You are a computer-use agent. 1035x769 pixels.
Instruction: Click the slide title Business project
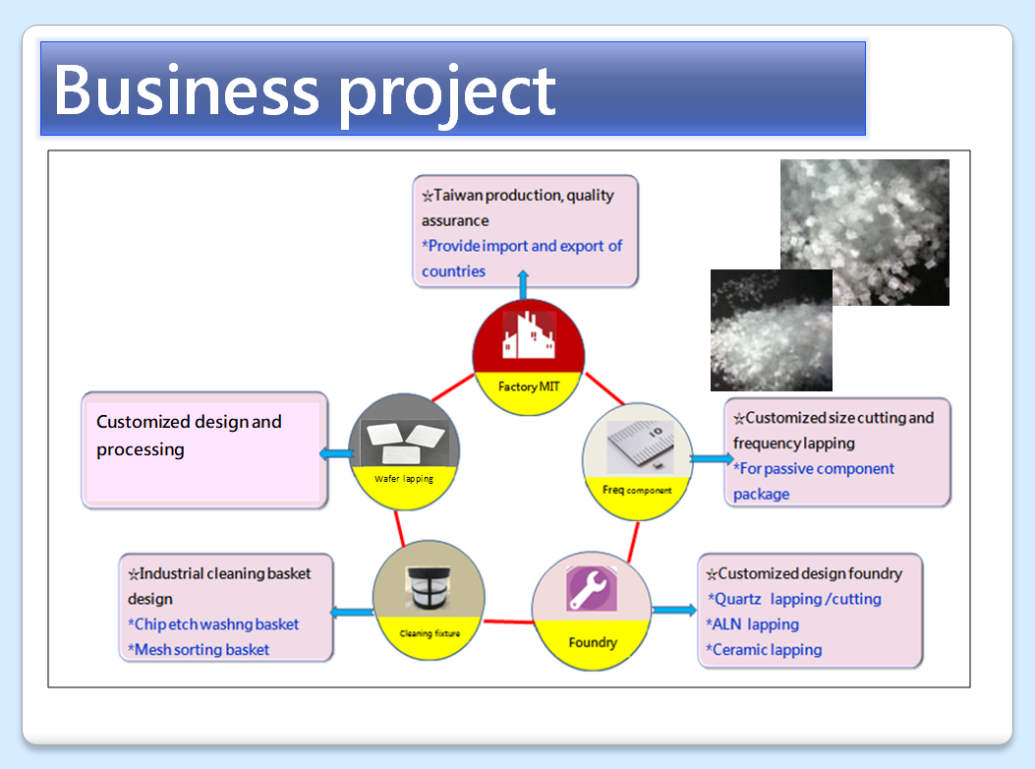(x=305, y=90)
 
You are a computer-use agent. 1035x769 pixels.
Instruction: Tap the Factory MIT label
(x=529, y=386)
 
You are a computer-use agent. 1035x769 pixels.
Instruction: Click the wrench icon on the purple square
(x=592, y=588)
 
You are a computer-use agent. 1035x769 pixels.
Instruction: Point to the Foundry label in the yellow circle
(x=593, y=643)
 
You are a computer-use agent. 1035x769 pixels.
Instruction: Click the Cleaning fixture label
(x=431, y=633)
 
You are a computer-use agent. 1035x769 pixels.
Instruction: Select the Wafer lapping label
(x=404, y=479)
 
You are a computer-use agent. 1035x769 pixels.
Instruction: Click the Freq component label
(x=637, y=489)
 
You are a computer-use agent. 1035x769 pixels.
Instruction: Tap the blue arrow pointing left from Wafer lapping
(x=335, y=452)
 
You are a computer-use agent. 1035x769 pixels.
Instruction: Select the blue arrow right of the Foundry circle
(x=674, y=610)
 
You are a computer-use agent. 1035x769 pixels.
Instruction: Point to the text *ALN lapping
(x=752, y=624)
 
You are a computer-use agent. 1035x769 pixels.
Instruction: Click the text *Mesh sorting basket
(x=199, y=649)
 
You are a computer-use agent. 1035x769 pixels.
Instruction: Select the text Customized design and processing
(x=189, y=436)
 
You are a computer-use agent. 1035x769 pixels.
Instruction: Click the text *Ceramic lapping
(x=764, y=650)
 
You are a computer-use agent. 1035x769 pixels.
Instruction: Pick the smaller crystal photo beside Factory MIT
(x=771, y=329)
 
